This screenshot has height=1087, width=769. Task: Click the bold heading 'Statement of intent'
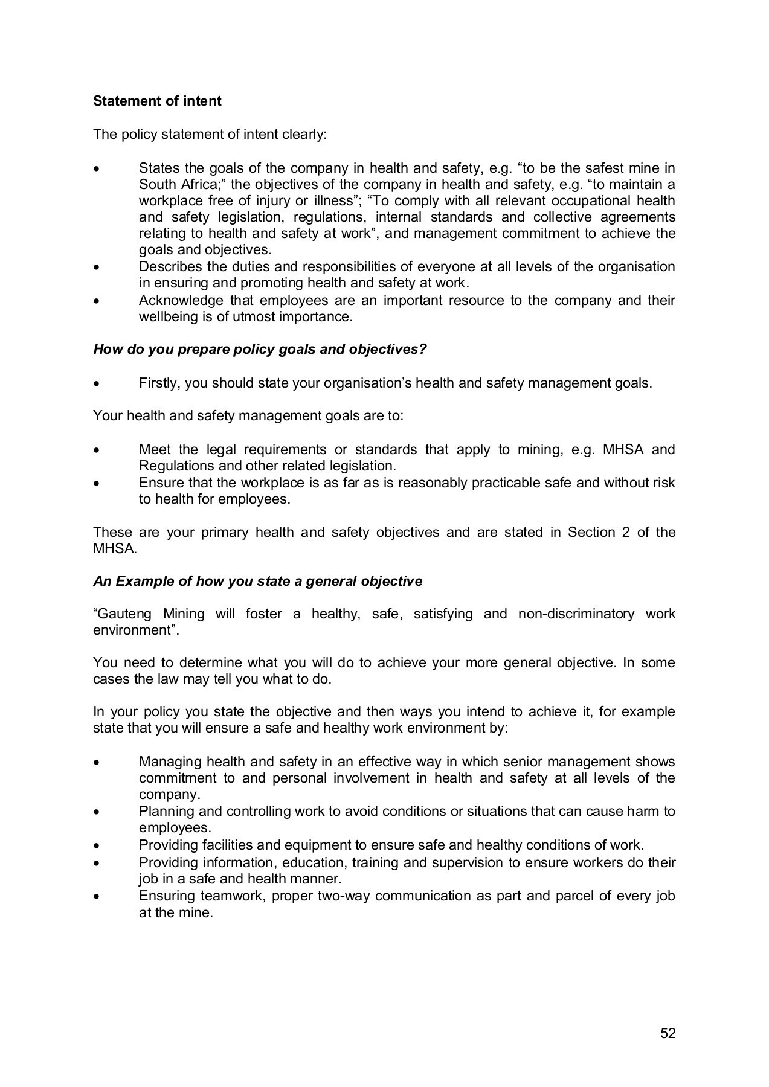point(157,101)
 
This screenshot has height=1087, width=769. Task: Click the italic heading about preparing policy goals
point(260,350)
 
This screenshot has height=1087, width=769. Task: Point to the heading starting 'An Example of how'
point(257,581)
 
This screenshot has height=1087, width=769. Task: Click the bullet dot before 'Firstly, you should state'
point(97,384)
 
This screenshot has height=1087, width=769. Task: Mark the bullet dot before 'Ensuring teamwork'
point(97,897)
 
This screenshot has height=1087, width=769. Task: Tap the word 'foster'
point(264,614)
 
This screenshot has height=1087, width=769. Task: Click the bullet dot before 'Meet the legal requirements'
point(97,451)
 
